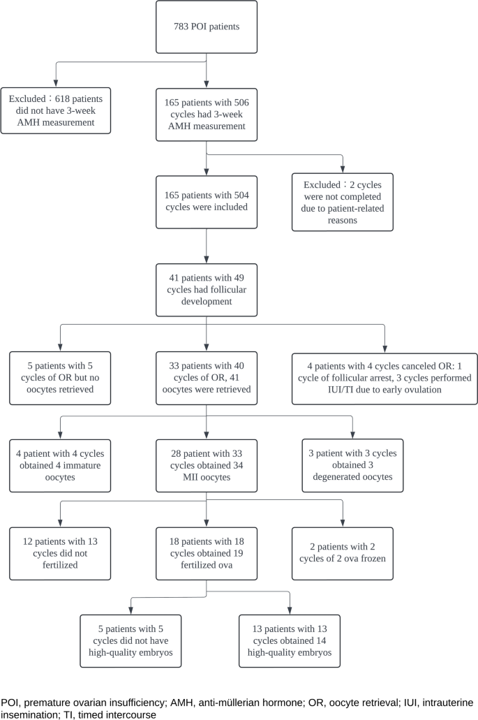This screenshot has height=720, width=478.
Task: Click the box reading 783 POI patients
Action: pyautogui.click(x=206, y=27)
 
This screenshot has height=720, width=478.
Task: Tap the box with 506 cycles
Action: pyautogui.click(x=206, y=114)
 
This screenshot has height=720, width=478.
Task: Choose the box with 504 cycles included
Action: pyautogui.click(x=206, y=203)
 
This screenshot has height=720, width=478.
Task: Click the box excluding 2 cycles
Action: pyautogui.click(x=343, y=203)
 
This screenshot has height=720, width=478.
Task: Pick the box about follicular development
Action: pyautogui.click(x=206, y=290)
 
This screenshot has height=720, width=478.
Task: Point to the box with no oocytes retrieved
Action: pyautogui.click(x=59, y=378)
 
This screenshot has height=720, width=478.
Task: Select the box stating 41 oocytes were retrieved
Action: pyautogui.click(x=206, y=378)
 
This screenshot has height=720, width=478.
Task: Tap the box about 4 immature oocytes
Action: pyautogui.click(x=59, y=466)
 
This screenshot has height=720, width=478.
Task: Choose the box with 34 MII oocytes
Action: pyautogui.click(x=206, y=466)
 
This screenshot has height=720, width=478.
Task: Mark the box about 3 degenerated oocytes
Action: pyautogui.click(x=352, y=466)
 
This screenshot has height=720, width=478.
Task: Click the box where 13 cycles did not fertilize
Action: pyautogui.click(x=59, y=554)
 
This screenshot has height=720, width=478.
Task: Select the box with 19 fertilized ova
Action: pyautogui.click(x=206, y=554)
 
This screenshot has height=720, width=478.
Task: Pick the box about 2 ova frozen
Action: pyautogui.click(x=343, y=554)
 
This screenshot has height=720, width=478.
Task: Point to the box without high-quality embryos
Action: pyautogui.click(x=130, y=641)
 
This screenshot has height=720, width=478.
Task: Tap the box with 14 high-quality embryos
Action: pyautogui.click(x=290, y=641)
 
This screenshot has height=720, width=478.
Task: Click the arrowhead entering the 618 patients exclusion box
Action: pyautogui.click(x=55, y=84)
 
